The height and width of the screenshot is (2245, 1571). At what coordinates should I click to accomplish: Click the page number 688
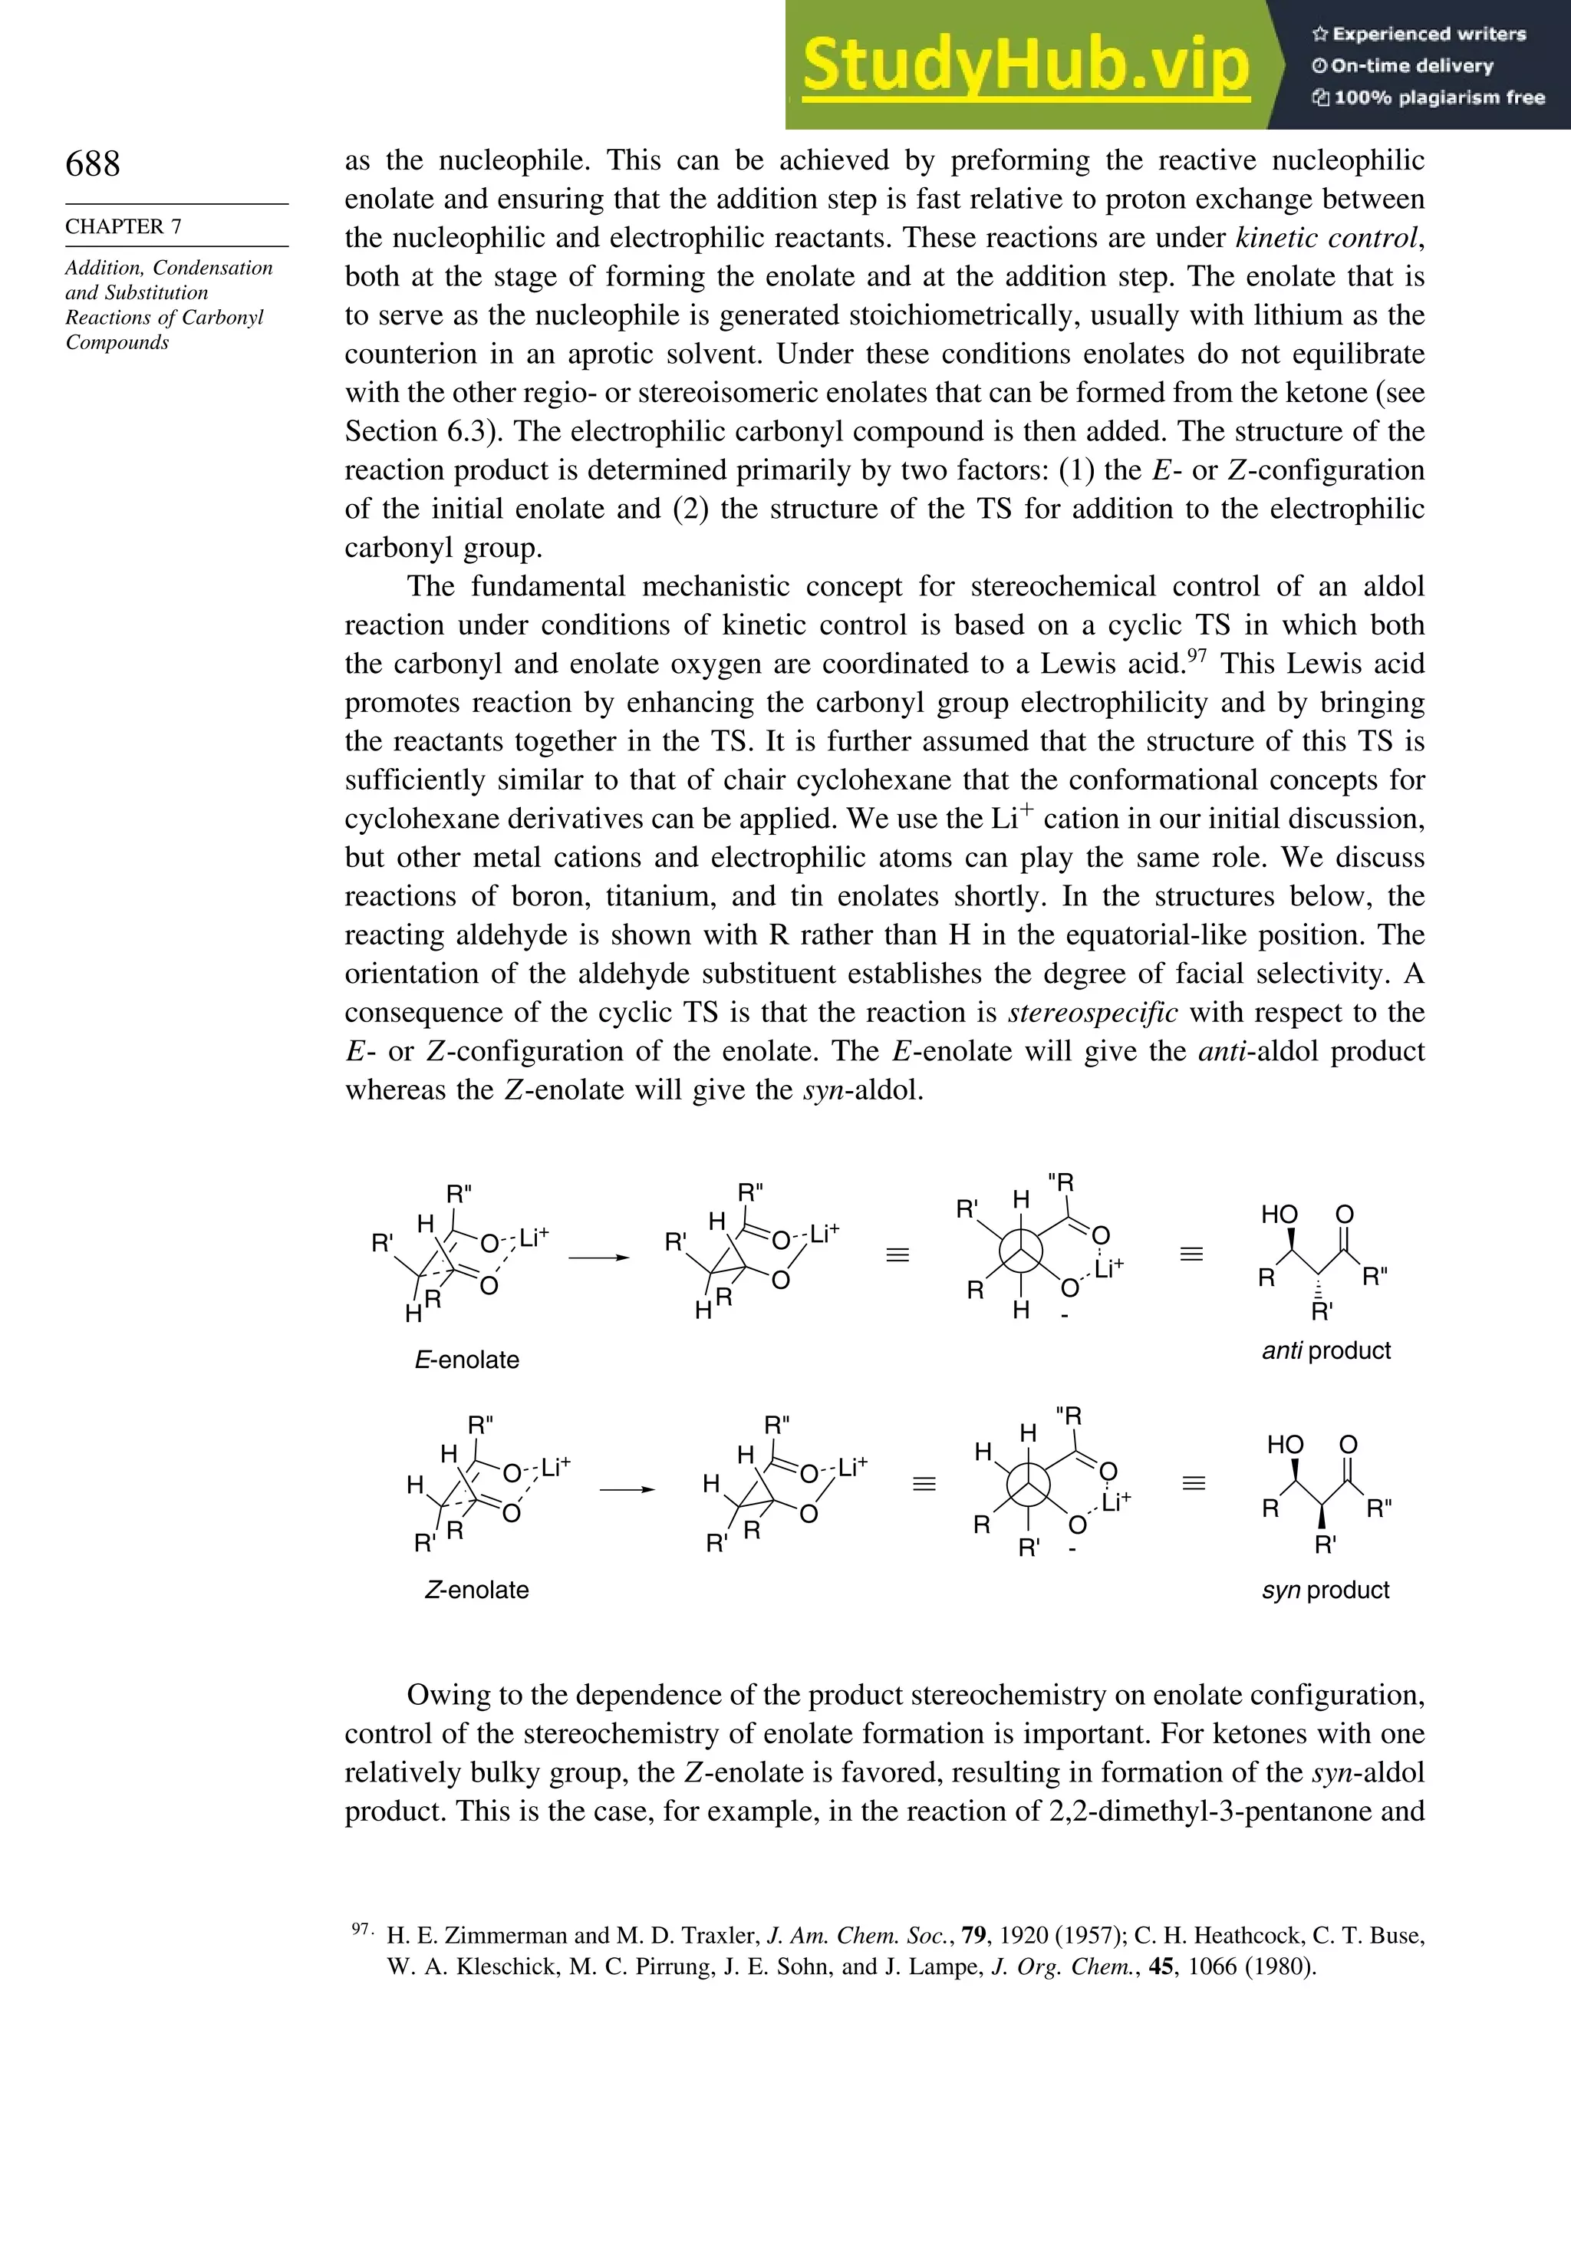tap(93, 163)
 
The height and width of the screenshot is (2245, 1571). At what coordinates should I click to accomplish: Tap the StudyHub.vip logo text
tap(1026, 64)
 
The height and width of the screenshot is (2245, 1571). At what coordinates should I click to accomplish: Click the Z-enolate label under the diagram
tap(476, 1589)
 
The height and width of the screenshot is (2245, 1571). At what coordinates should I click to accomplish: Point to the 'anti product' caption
tap(1326, 1350)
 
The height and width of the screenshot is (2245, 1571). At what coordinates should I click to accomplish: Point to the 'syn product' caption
tap(1325, 1589)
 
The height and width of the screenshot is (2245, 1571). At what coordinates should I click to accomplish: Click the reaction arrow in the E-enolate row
tap(598, 1258)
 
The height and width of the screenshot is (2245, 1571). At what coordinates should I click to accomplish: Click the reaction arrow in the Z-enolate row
tap(627, 1489)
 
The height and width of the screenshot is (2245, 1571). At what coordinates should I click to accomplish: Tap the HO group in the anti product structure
tap(1279, 1215)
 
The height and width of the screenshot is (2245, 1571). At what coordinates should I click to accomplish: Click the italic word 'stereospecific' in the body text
tap(1092, 1012)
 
